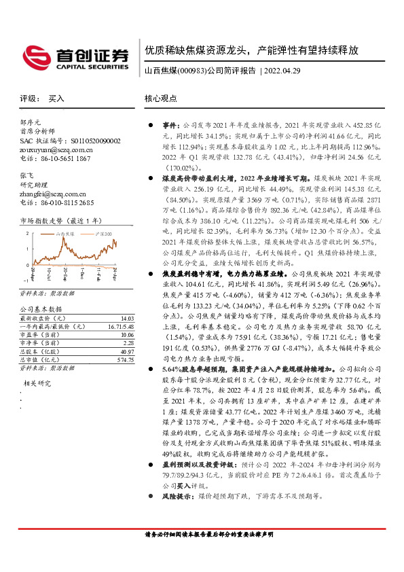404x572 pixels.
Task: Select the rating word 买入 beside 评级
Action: click(x=56, y=98)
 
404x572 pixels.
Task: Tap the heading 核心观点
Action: click(x=161, y=98)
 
